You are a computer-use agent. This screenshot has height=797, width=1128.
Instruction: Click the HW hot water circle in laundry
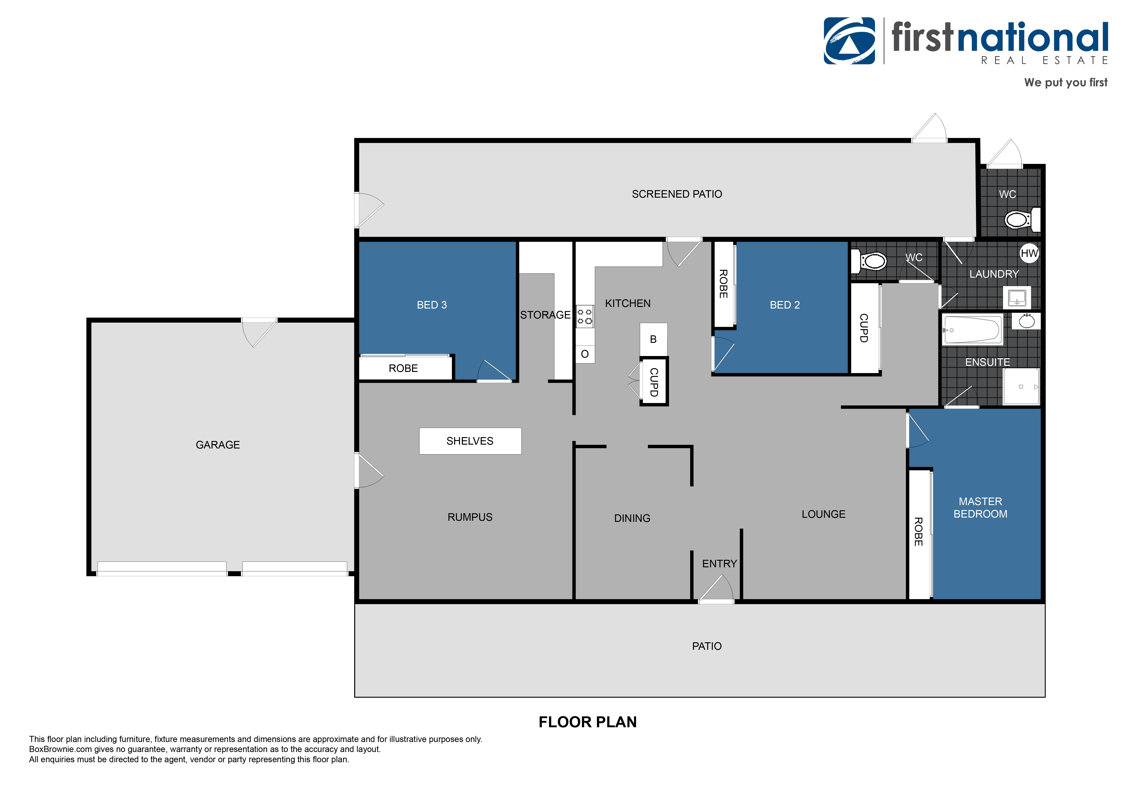1029,253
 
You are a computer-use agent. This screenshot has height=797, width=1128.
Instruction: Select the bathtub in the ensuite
972,329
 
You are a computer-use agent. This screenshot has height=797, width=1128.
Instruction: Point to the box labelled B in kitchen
653,339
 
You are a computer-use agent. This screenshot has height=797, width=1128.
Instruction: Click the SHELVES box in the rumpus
470,441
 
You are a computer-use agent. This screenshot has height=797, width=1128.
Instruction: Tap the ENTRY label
719,564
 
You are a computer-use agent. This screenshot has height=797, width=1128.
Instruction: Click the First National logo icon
849,41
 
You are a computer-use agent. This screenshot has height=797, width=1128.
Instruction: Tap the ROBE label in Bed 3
403,368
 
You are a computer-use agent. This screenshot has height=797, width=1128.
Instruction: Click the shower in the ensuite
1021,386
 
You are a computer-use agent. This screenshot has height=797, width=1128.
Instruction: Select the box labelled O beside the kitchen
585,354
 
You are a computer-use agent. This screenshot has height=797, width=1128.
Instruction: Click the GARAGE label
218,445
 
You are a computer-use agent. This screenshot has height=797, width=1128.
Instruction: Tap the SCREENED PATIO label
677,194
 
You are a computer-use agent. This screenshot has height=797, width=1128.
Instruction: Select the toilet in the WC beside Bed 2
871,261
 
